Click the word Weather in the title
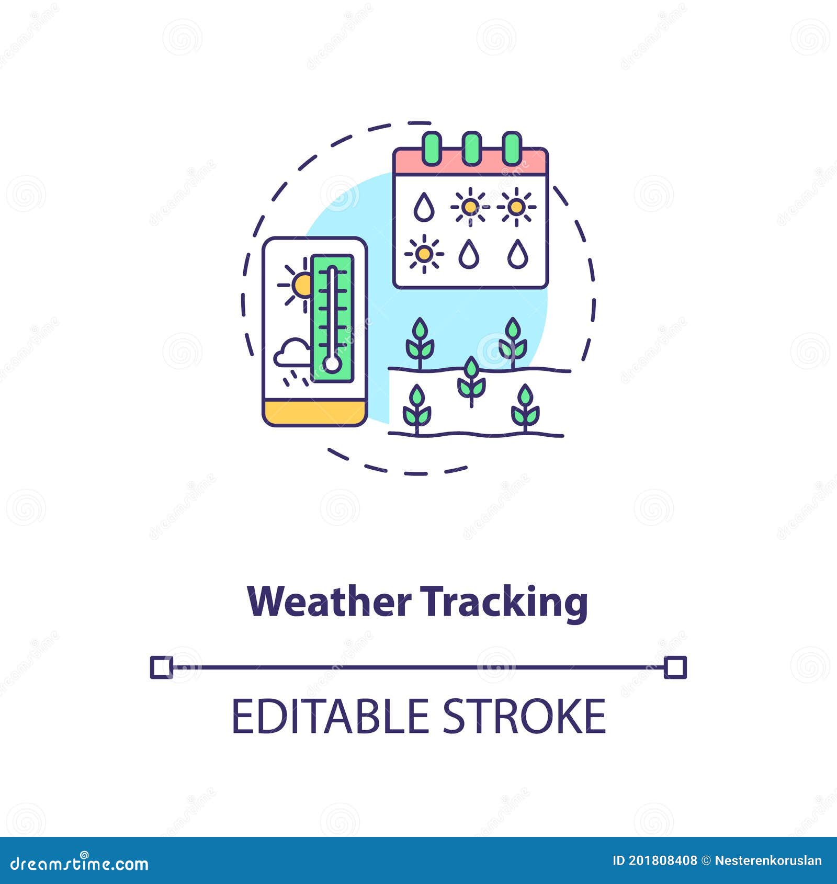tap(330, 602)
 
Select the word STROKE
tap(524, 716)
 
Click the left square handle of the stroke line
tap(161, 667)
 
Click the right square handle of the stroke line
tap(675, 668)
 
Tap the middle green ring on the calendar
tap(471, 149)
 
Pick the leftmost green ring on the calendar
tap(432, 149)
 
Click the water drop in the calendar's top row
tap(424, 207)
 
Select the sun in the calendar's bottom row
tap(424, 254)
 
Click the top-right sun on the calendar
tap(516, 207)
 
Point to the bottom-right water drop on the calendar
tap(517, 254)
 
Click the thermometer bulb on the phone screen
tap(332, 364)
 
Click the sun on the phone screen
tap(300, 285)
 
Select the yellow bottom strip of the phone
tap(314, 413)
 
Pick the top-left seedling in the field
tap(420, 343)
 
